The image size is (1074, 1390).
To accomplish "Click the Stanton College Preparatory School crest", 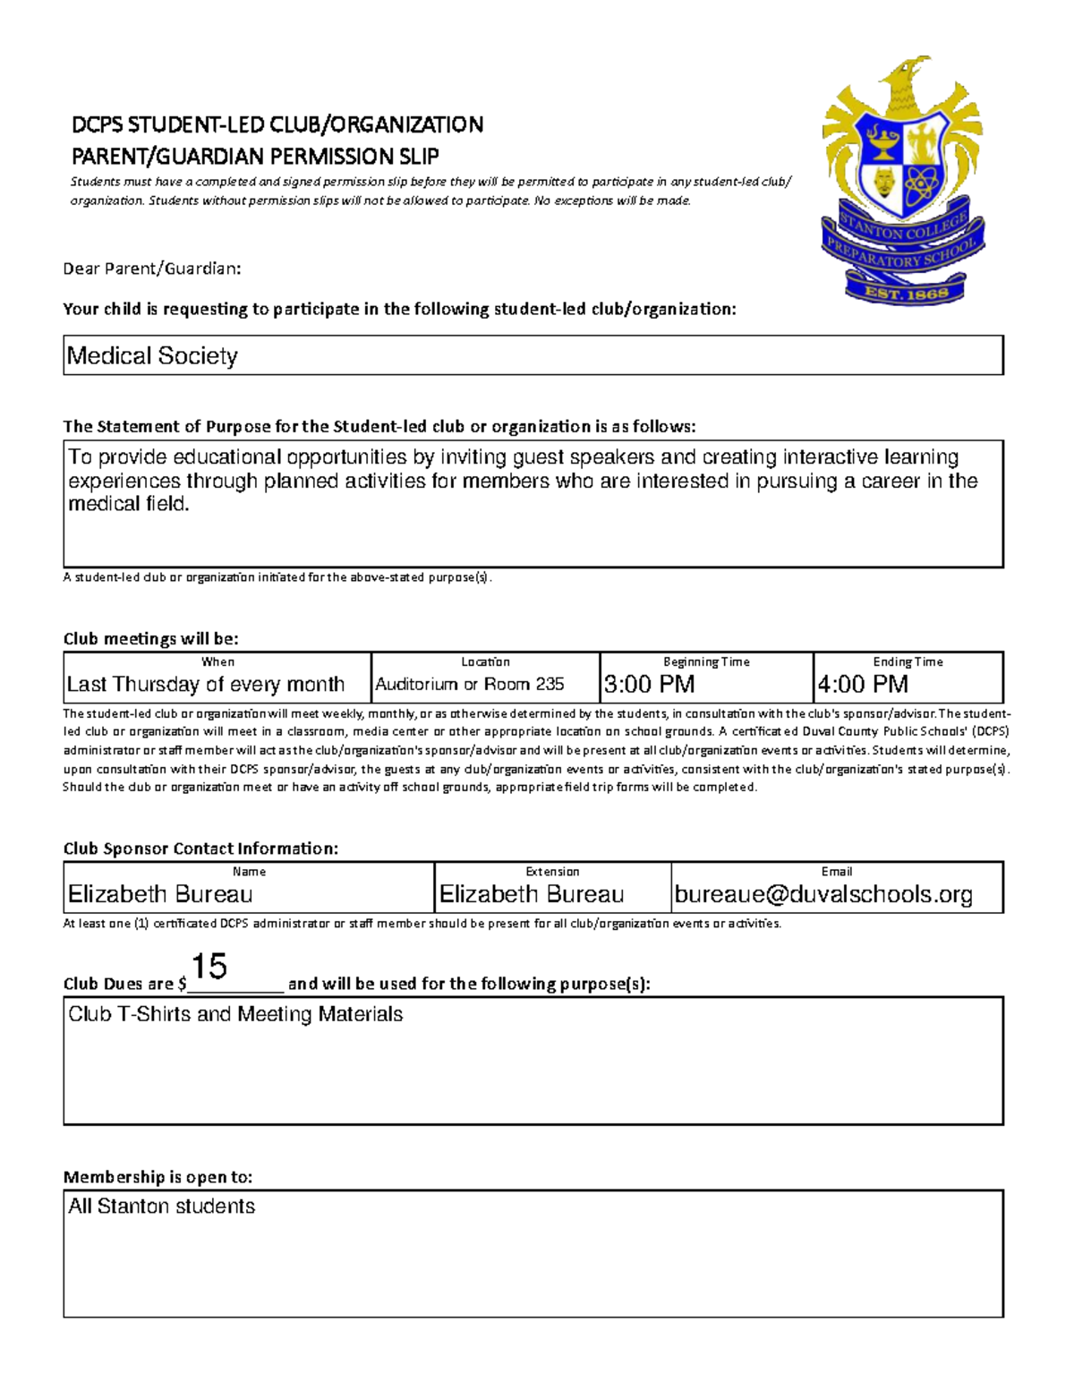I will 902,179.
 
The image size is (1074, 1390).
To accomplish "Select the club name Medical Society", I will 152,356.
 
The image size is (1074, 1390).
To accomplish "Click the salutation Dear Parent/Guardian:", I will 151,269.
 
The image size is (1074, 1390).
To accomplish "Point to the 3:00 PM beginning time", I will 649,685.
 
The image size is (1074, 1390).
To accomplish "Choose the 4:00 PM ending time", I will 862,685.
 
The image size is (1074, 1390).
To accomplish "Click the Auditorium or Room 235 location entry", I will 470,685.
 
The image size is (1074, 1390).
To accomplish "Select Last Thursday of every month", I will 206,685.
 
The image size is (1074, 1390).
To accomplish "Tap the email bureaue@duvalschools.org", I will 823,894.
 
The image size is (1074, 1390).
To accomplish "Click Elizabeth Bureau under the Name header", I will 160,894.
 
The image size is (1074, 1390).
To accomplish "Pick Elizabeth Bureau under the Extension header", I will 532,894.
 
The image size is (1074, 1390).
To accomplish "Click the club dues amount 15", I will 209,967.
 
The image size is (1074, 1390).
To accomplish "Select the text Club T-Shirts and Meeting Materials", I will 235,1014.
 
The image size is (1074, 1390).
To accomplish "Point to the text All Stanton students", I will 162,1207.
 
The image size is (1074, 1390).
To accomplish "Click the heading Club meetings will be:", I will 151,639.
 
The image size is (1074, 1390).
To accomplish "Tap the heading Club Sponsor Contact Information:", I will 200,848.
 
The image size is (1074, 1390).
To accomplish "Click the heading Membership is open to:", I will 158,1177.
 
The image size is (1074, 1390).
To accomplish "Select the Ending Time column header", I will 908,662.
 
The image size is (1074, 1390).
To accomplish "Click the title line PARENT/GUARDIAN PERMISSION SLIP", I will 255,157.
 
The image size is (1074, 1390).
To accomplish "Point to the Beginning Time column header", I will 706,662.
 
